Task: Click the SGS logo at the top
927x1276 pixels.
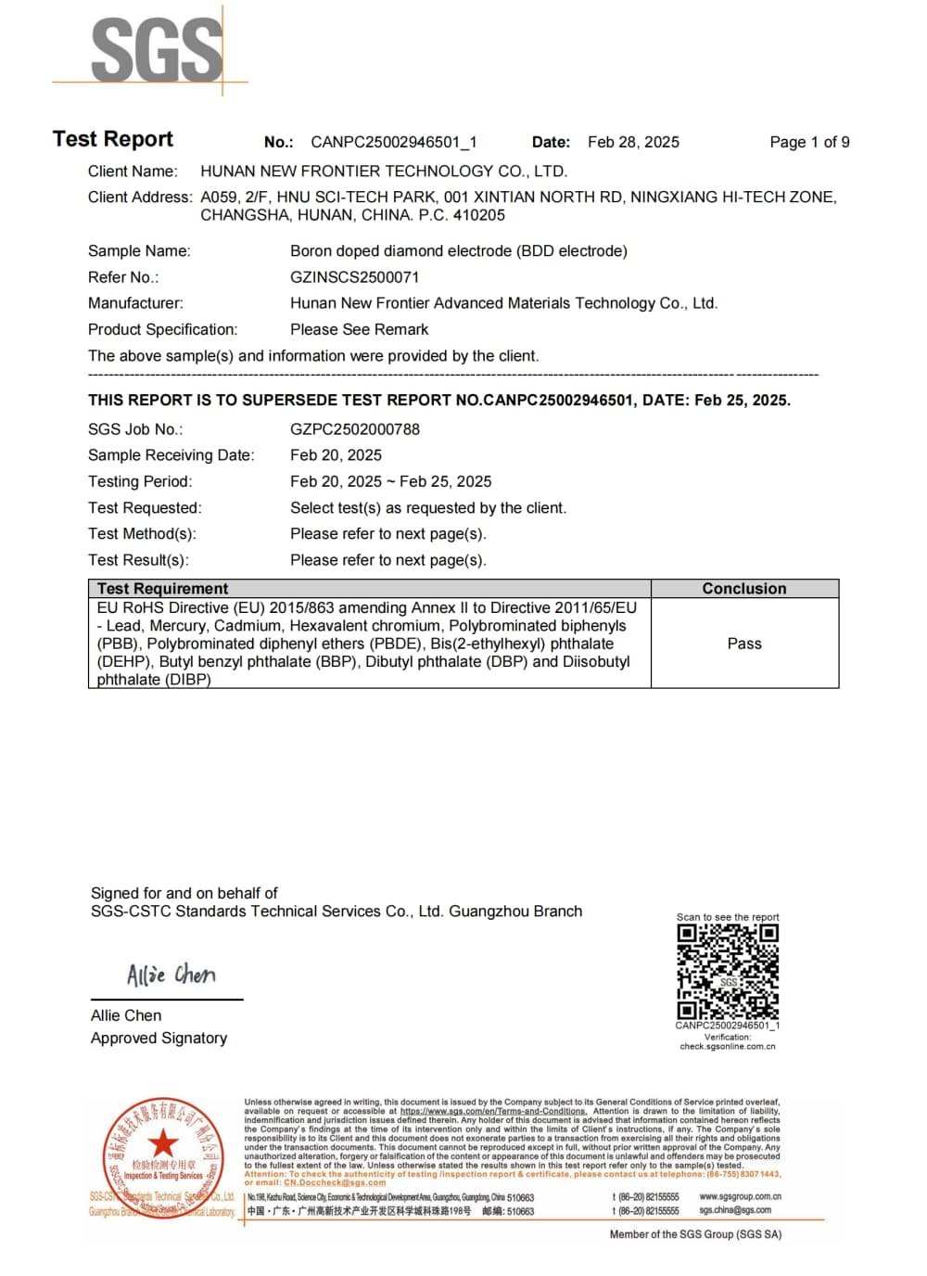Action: (157, 51)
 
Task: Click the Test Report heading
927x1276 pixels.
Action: (113, 139)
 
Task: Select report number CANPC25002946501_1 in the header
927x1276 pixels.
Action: (394, 142)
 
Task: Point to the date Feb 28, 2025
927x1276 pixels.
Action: (633, 142)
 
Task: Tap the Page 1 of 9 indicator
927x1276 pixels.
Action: (809, 142)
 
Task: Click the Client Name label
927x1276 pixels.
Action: (133, 172)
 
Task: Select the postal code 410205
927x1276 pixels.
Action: (479, 215)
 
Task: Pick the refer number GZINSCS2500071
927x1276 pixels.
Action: (354, 277)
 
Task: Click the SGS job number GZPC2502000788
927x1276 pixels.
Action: (355, 429)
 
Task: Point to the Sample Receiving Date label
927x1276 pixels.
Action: (171, 455)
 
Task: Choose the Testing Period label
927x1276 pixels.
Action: (140, 481)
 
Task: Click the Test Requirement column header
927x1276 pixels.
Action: (162, 589)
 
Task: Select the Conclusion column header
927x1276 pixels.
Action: (743, 589)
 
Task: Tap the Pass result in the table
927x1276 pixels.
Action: (744, 644)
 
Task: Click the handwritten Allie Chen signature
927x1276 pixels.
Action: (171, 975)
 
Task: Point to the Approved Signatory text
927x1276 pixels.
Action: (159, 1039)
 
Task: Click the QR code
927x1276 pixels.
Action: (728, 972)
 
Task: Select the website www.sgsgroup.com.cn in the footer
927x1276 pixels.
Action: (740, 1197)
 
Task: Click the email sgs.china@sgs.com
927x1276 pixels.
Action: (735, 1210)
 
